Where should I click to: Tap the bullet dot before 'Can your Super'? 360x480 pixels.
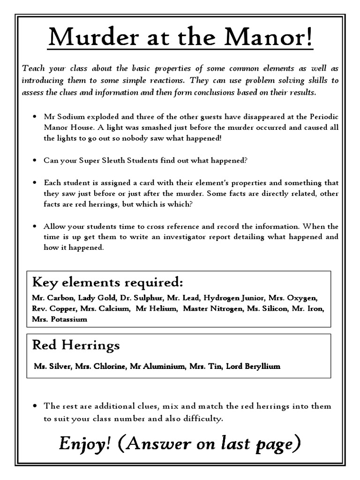pyautogui.click(x=35, y=160)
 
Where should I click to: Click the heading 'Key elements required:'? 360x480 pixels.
pyautogui.click(x=107, y=283)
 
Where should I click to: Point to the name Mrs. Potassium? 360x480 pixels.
pyautogui.click(x=60, y=319)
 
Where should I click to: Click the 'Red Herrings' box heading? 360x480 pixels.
pyautogui.click(x=76, y=345)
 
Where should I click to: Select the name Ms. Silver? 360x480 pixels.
pyautogui.click(x=50, y=366)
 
